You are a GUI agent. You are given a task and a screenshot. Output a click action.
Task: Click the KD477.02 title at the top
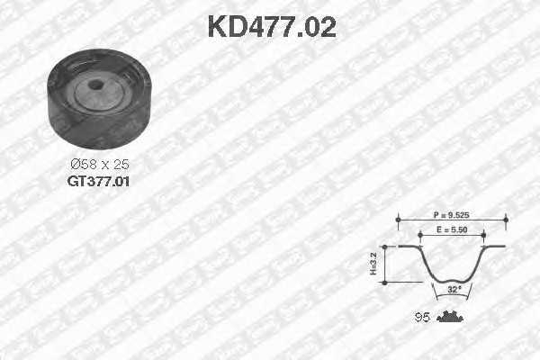tap(271, 26)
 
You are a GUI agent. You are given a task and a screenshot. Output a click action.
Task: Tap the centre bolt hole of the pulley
tap(98, 87)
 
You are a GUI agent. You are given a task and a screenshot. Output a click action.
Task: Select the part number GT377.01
tap(99, 181)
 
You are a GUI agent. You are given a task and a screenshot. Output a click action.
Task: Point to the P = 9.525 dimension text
tap(453, 217)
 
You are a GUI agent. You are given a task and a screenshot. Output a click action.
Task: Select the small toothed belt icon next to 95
tap(447, 316)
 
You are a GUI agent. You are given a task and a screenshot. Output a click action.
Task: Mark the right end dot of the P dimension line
tap(506, 218)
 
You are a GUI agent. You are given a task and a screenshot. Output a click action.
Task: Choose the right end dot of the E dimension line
tap(483, 232)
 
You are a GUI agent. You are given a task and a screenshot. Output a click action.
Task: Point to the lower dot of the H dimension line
tap(384, 282)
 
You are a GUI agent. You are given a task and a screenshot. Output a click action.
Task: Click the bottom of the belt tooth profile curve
tap(452, 280)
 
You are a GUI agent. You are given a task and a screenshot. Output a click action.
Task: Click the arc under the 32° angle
tap(453, 296)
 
